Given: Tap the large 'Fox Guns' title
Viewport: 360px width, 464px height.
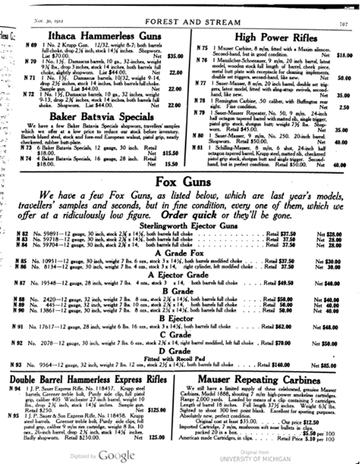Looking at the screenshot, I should point(183,182).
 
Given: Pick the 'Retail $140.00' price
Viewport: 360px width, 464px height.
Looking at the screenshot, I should point(277,365).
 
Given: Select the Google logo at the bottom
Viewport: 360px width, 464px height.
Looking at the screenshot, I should point(116,455).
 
